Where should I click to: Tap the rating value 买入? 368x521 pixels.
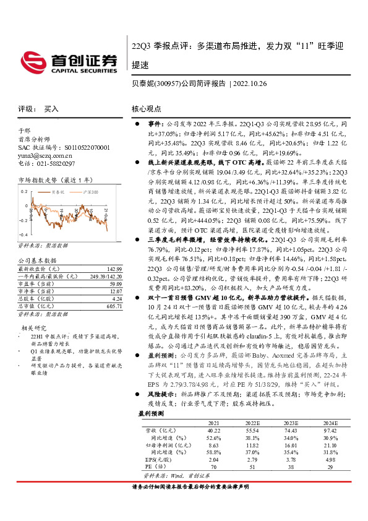pyautogui.click(x=51, y=108)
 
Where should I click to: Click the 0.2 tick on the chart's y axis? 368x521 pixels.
pyautogui.click(x=24, y=191)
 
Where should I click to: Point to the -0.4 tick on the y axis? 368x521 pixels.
pyautogui.click(x=23, y=235)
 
